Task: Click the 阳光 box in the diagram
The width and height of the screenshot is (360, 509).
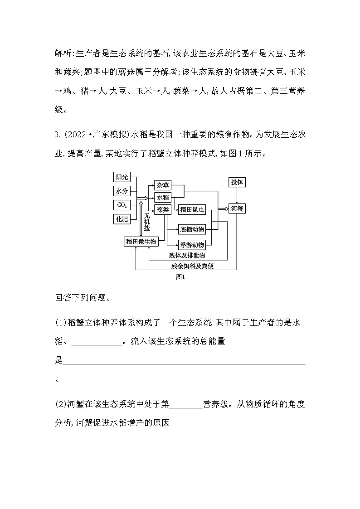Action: tap(122, 177)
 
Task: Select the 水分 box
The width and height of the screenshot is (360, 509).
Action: tap(122, 191)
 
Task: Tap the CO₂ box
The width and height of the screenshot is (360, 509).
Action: tap(122, 205)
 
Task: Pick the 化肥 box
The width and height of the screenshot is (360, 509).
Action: tap(122, 219)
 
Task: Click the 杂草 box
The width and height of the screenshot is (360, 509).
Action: tap(163, 185)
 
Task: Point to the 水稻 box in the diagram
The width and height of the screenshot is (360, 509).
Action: tap(163, 197)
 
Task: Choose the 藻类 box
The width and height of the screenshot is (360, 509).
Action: tap(163, 209)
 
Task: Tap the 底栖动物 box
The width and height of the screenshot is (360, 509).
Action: tap(192, 229)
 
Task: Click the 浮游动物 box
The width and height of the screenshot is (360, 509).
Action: tap(192, 245)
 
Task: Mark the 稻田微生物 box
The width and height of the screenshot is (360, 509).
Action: tap(141, 242)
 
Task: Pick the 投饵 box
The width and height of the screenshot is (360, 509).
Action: tap(237, 182)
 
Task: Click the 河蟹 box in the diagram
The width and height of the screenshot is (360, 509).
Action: tap(237, 209)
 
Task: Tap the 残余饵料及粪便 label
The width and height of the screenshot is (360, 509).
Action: tap(192, 266)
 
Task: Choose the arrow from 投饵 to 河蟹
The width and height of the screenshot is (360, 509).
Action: tap(237, 195)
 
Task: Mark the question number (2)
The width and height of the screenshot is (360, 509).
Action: tap(61, 404)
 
